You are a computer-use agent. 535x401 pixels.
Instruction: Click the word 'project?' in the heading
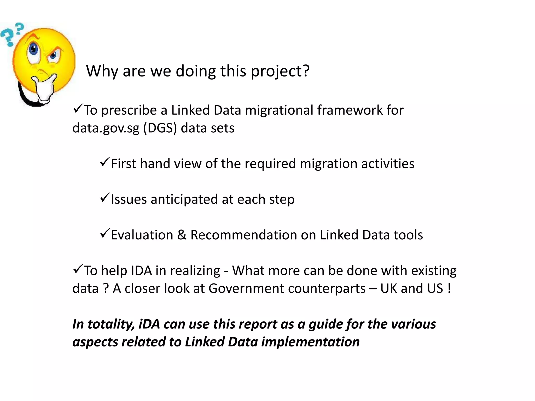point(280,71)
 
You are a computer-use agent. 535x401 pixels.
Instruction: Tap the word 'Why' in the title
point(102,71)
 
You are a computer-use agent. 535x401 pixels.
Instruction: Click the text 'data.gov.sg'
point(106,128)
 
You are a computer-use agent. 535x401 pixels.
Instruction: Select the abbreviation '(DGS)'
point(160,128)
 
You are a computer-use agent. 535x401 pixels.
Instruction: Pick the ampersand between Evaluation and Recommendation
point(182,235)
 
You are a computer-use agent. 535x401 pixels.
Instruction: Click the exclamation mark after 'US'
point(449,288)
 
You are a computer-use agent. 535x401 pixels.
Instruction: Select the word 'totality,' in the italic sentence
point(111,325)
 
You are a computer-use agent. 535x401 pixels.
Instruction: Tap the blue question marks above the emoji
point(12,34)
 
